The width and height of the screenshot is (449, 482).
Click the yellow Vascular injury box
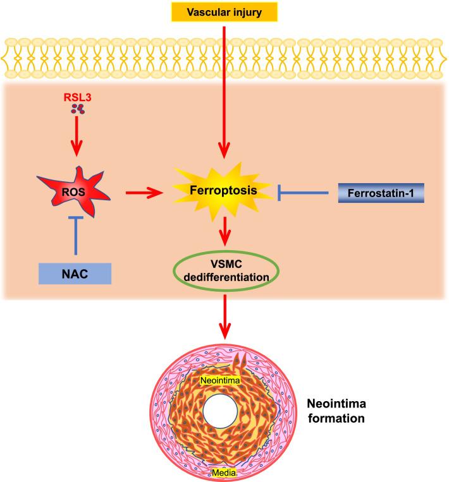(x=225, y=12)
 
